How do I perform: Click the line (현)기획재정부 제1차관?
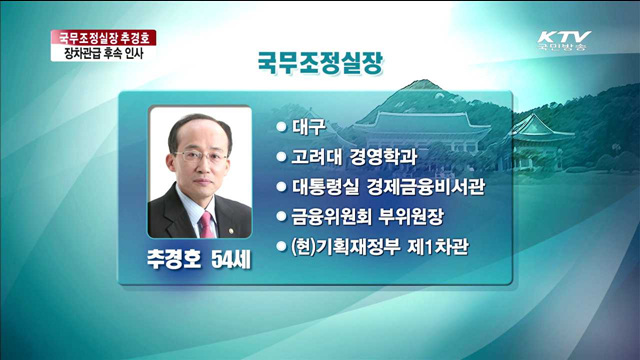[x=385, y=244]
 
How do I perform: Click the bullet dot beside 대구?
[x=281, y=129]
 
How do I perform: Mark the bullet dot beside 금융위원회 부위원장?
[x=281, y=215]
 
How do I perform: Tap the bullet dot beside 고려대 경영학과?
[x=281, y=157]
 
